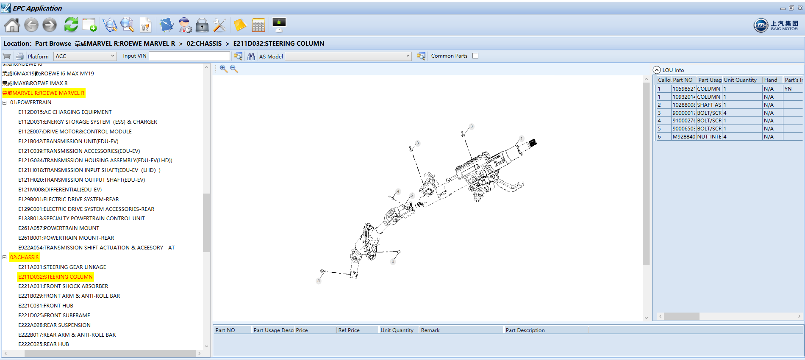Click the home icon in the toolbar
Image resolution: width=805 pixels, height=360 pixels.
coord(12,25)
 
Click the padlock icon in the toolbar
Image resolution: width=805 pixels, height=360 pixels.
coord(202,25)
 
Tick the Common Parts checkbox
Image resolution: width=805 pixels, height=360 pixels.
coord(475,56)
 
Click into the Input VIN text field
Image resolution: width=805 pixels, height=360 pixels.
coord(189,56)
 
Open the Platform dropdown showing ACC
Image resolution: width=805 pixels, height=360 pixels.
coord(85,56)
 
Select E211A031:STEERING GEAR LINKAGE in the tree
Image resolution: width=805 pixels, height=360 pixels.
coord(62,267)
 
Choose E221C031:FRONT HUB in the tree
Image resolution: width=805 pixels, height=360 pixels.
coord(45,305)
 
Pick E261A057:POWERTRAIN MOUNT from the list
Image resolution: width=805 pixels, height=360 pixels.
coord(58,228)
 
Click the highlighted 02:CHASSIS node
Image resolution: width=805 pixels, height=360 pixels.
coord(24,257)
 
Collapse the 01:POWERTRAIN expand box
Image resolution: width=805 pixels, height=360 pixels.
coord(5,102)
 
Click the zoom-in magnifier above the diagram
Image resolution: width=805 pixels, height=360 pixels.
coord(223,69)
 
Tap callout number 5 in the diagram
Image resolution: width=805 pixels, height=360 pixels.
coord(319,280)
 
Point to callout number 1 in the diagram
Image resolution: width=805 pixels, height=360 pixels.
coord(522,138)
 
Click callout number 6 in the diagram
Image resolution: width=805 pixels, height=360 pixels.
coord(393,261)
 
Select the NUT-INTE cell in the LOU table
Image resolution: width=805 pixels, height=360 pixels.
coord(709,136)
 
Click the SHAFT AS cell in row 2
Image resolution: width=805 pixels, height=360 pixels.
coord(709,105)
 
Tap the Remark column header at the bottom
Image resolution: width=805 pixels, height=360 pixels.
coord(430,330)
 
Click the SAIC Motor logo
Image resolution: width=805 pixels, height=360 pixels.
coord(776,25)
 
